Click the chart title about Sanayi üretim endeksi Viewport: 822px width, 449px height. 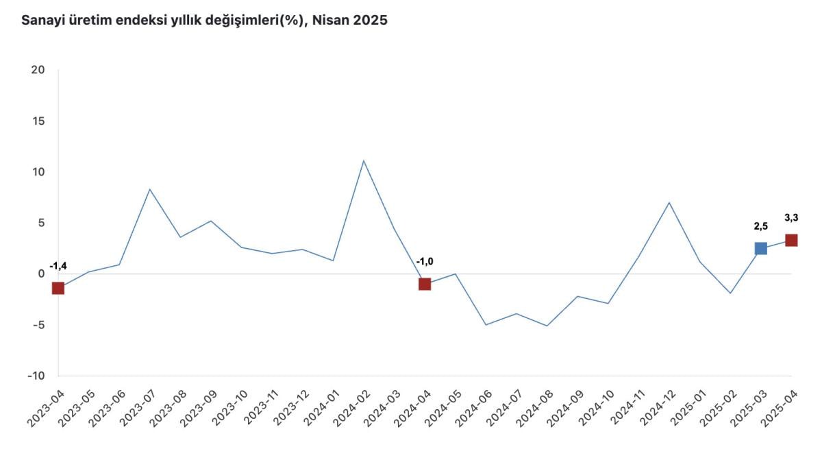coord(204,21)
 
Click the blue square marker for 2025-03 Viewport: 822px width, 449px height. coord(760,248)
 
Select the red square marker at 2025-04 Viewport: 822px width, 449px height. coord(791,240)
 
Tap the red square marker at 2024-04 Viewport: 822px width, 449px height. coord(425,284)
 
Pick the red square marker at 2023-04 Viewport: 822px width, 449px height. coord(58,288)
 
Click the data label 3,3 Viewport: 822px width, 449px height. coord(791,218)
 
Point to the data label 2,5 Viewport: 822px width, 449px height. coord(760,226)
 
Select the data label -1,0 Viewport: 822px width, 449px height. coord(425,261)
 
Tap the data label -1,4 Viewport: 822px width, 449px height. coord(58,266)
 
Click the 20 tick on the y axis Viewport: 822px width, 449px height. coord(38,70)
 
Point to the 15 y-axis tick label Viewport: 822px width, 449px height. coord(38,121)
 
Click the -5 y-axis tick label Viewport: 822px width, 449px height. coord(37,325)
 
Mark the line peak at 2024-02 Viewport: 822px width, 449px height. coord(364,161)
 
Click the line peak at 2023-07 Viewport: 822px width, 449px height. coord(149,189)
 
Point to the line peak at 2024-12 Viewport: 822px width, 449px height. coord(669,202)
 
